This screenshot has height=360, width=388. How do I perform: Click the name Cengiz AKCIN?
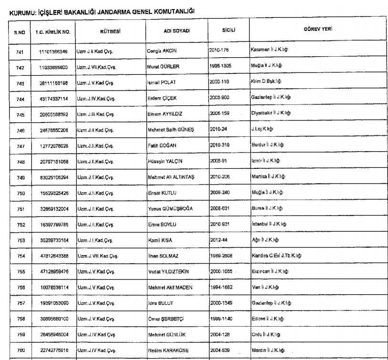click(x=162, y=50)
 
